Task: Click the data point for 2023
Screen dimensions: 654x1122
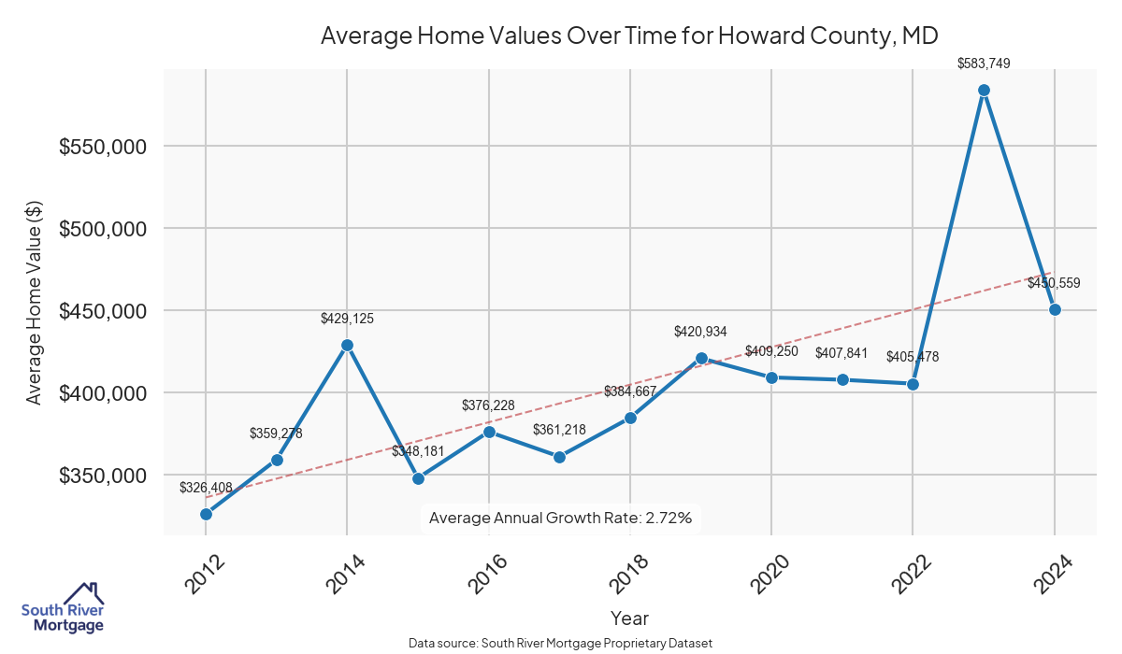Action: (984, 91)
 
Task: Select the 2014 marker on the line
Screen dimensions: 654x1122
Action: (347, 345)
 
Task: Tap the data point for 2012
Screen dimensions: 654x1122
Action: (206, 514)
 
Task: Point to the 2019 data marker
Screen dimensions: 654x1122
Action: (701, 358)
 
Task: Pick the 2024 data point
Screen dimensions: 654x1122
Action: (1055, 309)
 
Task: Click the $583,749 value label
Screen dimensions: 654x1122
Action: (984, 64)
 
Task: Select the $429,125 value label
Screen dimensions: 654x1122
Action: (347, 319)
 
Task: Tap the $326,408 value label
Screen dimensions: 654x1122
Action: (206, 488)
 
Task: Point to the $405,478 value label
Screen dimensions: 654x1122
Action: (913, 357)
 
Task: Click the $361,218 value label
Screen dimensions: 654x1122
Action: (559, 430)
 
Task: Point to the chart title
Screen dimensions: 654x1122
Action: (629, 36)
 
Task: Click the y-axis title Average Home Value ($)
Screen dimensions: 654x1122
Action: (34, 302)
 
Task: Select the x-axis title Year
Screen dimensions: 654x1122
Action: (629, 618)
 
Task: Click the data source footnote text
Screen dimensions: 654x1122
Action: (561, 644)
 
